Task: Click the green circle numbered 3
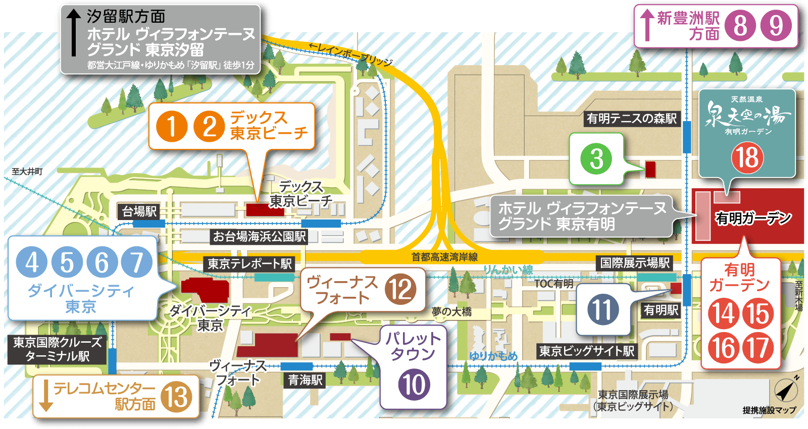[596, 159]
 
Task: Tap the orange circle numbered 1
[172, 126]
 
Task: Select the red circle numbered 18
[747, 157]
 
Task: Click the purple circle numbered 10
[414, 385]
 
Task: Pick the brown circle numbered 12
[400, 289]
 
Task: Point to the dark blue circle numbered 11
[603, 309]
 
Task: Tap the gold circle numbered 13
[177, 397]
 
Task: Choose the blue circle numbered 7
[136, 262]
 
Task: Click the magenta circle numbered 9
[776, 26]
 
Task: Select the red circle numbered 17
[758, 348]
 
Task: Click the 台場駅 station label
[139, 211]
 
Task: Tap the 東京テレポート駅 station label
[249, 263]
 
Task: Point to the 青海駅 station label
[305, 380]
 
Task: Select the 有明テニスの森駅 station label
[631, 119]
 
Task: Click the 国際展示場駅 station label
[635, 263]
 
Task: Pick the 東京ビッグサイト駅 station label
[587, 351]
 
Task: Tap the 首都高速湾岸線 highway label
[444, 257]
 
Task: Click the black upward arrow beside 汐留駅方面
[74, 33]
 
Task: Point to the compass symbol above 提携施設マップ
[786, 390]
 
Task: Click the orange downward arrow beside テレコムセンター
[46, 395]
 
